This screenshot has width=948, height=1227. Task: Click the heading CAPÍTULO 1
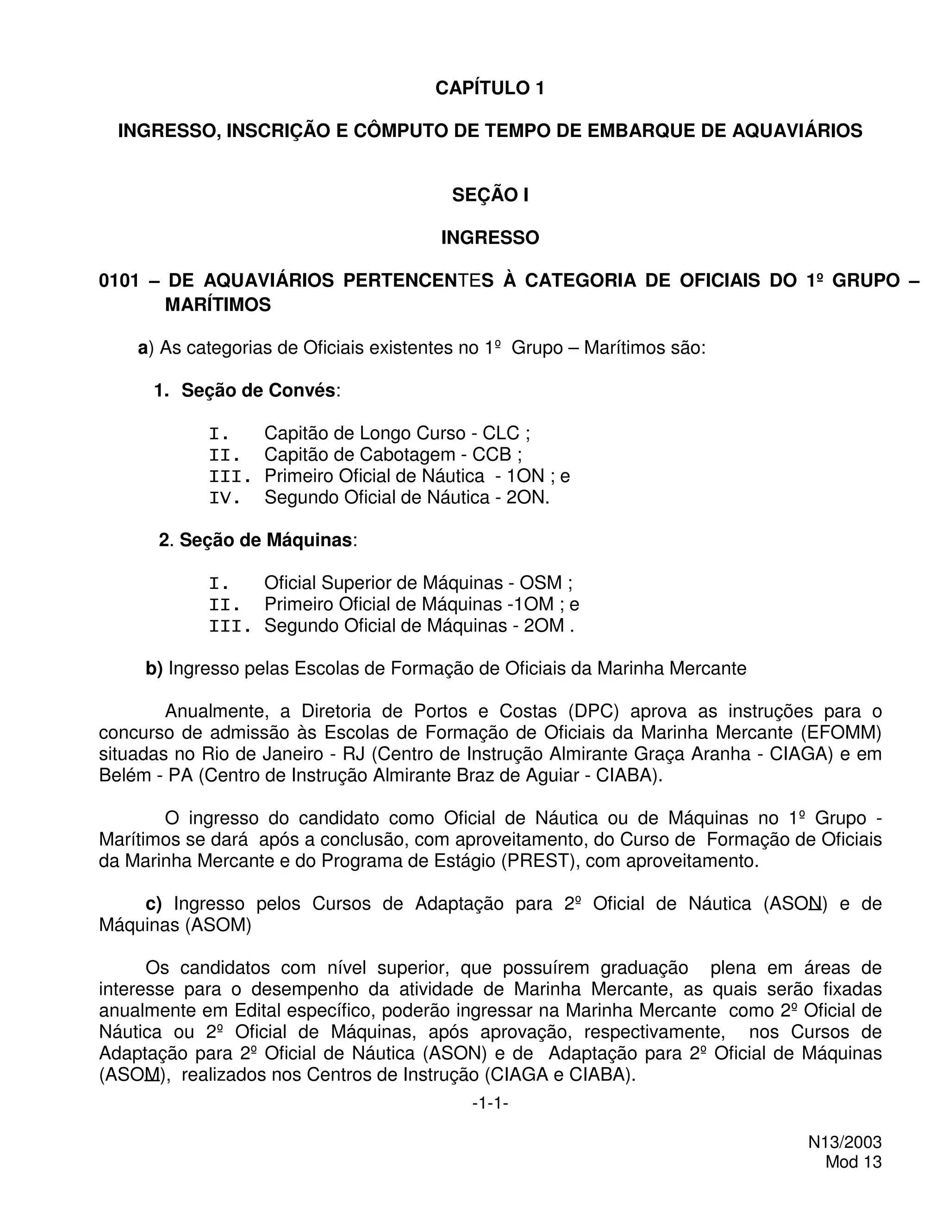[490, 88]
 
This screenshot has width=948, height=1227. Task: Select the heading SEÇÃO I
[490, 195]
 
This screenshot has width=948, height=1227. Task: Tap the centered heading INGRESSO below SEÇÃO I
[490, 238]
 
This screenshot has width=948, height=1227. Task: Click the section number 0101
[118, 280]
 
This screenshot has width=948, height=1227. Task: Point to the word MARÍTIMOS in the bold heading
[218, 305]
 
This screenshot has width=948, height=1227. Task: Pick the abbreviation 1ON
[525, 476]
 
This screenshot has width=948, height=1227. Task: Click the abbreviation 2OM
[543, 625]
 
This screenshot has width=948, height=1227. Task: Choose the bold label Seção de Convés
[258, 390]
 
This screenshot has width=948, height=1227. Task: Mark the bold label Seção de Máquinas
[266, 540]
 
